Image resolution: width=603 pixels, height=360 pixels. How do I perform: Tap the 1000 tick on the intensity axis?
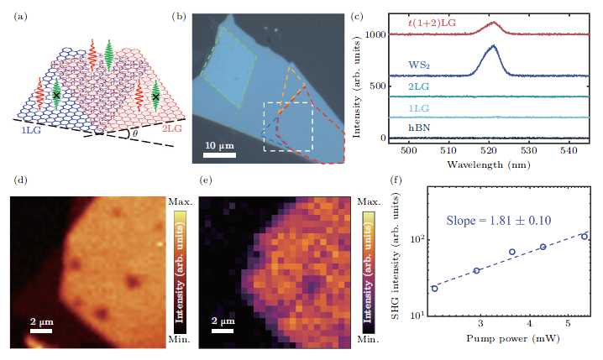(x=374, y=35)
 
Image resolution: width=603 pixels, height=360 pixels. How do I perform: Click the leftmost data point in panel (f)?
(x=434, y=288)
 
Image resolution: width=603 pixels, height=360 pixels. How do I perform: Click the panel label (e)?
(x=203, y=180)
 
